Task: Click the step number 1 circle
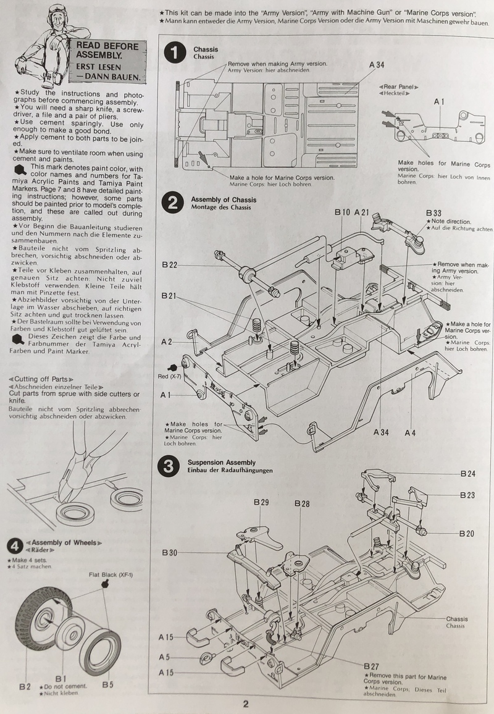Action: point(175,53)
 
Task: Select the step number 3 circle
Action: point(169,467)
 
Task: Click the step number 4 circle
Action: point(15,546)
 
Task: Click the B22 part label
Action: point(170,265)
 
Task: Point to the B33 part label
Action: point(434,213)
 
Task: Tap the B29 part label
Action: point(261,502)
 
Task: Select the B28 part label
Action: point(302,503)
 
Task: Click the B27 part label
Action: point(372,666)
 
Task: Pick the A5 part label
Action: point(164,657)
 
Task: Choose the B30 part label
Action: point(170,553)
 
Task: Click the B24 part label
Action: point(468,474)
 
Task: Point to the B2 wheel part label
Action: point(25,687)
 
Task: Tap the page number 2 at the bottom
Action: point(246,704)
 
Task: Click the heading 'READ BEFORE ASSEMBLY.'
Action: point(107,51)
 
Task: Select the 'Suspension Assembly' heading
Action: point(222,462)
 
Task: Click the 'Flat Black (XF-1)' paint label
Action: point(111,574)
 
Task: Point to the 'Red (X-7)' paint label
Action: point(169,377)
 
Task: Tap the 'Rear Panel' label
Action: point(399,86)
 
